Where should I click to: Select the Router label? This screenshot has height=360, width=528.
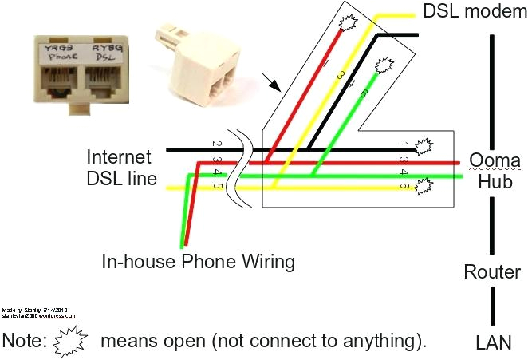pos(492,272)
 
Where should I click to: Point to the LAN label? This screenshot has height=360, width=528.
pos(493,342)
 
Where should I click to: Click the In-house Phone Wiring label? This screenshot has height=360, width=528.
pos(198,261)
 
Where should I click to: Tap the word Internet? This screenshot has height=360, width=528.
pos(118,156)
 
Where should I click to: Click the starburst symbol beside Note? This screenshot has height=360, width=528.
pos(73,341)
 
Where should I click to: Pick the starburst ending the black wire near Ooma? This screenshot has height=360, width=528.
pos(424,147)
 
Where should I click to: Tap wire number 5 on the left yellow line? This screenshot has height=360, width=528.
pos(217,188)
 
